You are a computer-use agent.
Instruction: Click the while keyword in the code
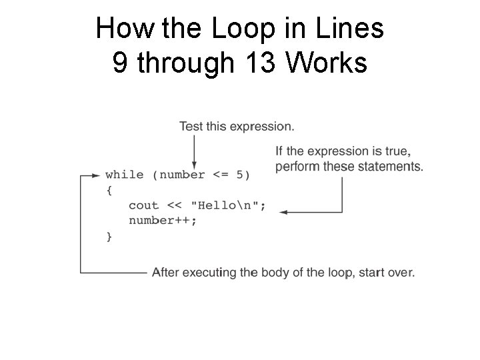point(124,175)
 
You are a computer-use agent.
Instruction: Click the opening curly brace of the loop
point(109,191)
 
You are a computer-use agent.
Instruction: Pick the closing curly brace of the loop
point(109,236)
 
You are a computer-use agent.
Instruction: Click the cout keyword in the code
point(143,206)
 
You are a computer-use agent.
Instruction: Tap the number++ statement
point(163,221)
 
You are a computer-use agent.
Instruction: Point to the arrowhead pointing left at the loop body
point(283,212)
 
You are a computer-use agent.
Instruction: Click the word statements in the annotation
point(390,166)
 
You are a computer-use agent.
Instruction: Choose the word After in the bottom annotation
point(165,272)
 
